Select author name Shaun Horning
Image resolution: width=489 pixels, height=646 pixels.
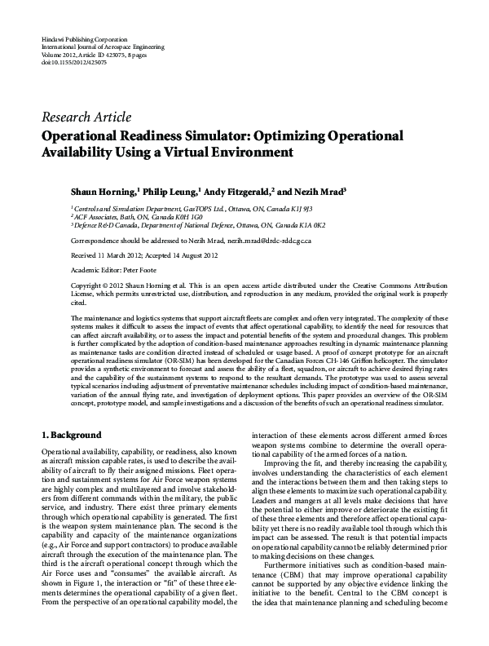[102, 192]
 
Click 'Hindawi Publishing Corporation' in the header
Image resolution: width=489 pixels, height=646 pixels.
[85, 39]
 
